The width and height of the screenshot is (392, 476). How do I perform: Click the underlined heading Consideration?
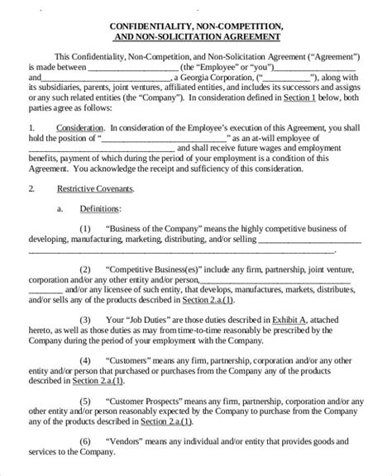point(80,128)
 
